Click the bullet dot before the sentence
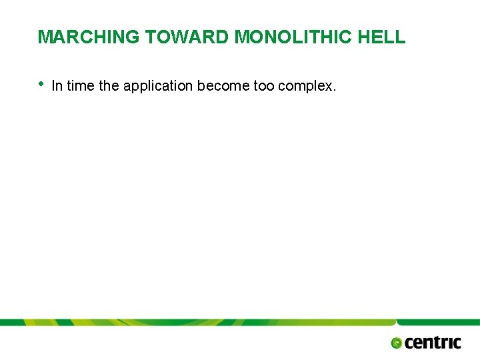[x=41, y=84]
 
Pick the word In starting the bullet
[x=56, y=85]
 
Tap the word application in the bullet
[x=158, y=86]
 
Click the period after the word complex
[x=334, y=89]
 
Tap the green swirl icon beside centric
[x=397, y=343]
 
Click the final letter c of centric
[x=457, y=343]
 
